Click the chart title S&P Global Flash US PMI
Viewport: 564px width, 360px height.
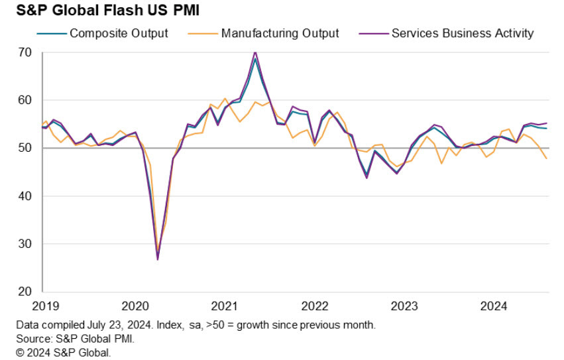(x=99, y=11)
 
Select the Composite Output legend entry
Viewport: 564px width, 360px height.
(x=119, y=33)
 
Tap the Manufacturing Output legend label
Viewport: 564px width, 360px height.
(x=280, y=33)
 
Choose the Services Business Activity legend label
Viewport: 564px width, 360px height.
(x=462, y=33)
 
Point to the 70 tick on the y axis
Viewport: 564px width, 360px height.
(x=26, y=52)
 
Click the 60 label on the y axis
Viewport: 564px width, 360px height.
(x=26, y=100)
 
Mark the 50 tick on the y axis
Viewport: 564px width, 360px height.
(x=26, y=148)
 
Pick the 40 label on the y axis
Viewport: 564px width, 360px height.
(x=26, y=196)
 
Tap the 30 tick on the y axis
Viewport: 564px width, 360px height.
(x=26, y=244)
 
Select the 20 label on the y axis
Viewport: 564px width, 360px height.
(x=26, y=292)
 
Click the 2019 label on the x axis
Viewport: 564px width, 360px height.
(x=45, y=306)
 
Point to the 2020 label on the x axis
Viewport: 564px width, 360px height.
(x=135, y=306)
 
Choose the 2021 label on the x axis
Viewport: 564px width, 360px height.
(x=225, y=306)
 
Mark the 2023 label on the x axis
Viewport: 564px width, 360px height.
(x=404, y=306)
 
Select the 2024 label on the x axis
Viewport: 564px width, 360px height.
(x=493, y=306)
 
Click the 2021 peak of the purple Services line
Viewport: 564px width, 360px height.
(x=255, y=52)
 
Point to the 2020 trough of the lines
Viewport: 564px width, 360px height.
(x=158, y=259)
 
